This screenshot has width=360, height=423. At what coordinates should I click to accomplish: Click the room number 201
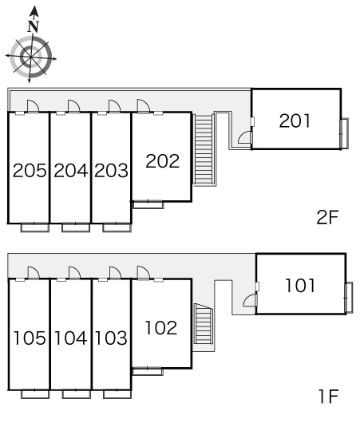point(295,121)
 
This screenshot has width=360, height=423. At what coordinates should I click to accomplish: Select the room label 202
point(163,161)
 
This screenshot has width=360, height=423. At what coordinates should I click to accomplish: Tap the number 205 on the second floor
point(30,171)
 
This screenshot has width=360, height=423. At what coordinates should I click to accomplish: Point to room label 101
point(300,286)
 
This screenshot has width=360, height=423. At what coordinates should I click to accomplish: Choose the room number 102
point(160,328)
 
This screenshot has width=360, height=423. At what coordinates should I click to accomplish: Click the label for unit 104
point(71,338)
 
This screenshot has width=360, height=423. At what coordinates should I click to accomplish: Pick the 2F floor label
point(327,217)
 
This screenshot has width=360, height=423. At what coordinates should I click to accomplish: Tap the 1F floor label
point(328,397)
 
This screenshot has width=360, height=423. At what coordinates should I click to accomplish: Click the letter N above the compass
point(34,26)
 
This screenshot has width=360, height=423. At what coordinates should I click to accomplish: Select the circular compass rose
point(31,57)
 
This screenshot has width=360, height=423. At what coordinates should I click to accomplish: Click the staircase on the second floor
point(204,149)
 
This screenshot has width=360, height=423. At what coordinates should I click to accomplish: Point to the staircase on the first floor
point(204,324)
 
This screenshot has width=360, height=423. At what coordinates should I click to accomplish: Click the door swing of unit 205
point(34,106)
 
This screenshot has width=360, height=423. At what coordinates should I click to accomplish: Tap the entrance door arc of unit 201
point(245,137)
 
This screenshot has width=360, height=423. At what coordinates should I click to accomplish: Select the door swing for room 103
point(115,272)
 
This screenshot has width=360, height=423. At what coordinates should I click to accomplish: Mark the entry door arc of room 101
point(250,300)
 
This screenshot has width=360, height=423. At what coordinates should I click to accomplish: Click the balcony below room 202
point(148,205)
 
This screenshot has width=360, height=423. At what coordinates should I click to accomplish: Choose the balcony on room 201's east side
point(344,133)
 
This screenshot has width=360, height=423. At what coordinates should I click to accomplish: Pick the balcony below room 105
point(35,394)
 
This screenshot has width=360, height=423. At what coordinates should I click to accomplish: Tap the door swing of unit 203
point(115,106)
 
